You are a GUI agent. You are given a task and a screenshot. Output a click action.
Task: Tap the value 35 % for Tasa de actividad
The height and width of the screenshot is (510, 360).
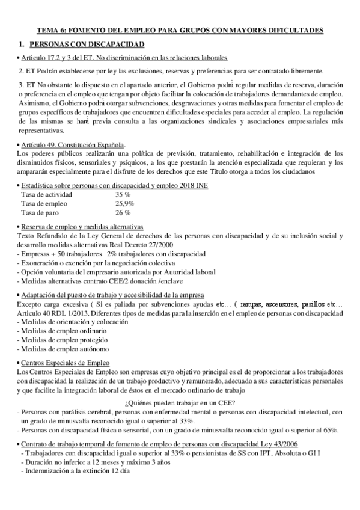[x=123, y=195]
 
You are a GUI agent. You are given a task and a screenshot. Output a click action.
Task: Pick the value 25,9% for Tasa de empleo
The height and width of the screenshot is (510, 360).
[x=124, y=204]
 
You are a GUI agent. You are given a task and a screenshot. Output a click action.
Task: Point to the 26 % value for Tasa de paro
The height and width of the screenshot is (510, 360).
[x=123, y=213]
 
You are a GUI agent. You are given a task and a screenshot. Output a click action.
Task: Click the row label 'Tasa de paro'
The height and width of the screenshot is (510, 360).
[x=41, y=213]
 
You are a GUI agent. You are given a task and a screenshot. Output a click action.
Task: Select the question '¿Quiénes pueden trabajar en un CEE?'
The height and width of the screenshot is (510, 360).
[x=179, y=402]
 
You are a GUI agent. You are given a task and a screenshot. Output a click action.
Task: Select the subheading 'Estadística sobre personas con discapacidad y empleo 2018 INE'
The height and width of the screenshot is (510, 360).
[x=114, y=186]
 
